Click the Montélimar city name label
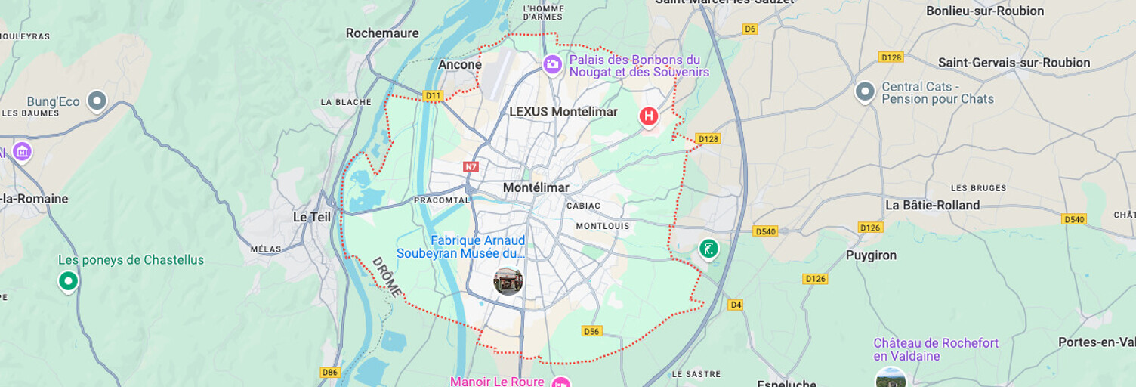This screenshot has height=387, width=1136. pyautogui.click(x=536, y=187)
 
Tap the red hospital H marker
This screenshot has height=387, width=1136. pyautogui.click(x=648, y=116)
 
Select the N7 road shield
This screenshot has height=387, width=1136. pyautogui.click(x=471, y=166)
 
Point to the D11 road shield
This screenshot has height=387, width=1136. pyautogui.click(x=433, y=96)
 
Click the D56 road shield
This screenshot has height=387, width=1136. pyautogui.click(x=591, y=331)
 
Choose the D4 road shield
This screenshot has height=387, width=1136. pyautogui.click(x=736, y=305)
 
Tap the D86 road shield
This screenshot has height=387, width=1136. pyautogui.click(x=329, y=372)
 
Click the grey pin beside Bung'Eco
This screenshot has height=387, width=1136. pyautogui.click(x=97, y=100)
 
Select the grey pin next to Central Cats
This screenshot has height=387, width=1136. pyautogui.click(x=865, y=91)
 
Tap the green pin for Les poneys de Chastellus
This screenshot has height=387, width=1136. pyautogui.click(x=69, y=281)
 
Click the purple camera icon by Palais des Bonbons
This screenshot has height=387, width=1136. pyautogui.click(x=553, y=65)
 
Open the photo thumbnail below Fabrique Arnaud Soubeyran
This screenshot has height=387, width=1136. pyautogui.click(x=508, y=281)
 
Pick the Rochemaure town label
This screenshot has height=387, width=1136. pyautogui.click(x=382, y=33)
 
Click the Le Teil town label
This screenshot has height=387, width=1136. pyautogui.click(x=312, y=217)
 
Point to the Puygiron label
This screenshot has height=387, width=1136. pyautogui.click(x=871, y=255)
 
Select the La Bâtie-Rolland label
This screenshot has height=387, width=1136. pyautogui.click(x=932, y=205)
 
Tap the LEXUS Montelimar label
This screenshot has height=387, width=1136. pyautogui.click(x=563, y=112)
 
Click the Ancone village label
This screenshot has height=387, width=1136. pyautogui.click(x=460, y=65)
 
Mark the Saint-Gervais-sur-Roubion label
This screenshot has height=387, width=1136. pyautogui.click(x=1014, y=63)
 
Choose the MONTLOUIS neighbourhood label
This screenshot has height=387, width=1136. pyautogui.click(x=602, y=226)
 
